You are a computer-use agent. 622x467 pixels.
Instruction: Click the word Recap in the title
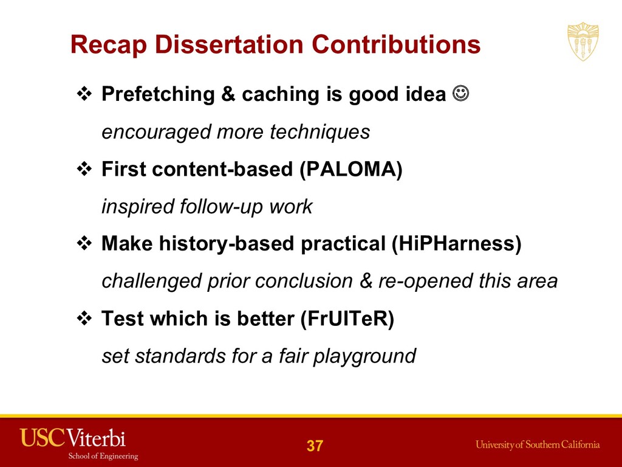click(108, 45)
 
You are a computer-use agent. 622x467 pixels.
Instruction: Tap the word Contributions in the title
click(396, 44)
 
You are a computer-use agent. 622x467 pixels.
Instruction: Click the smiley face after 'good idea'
click(460, 94)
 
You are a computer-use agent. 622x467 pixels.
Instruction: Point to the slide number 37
click(315, 446)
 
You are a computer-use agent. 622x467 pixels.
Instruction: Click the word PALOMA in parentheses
click(350, 169)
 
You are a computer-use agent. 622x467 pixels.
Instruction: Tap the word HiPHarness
click(456, 243)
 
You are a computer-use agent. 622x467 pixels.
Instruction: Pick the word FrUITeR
click(347, 318)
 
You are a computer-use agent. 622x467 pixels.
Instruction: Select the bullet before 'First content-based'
click(84, 169)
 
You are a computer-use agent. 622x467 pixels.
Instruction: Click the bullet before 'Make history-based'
click(84, 243)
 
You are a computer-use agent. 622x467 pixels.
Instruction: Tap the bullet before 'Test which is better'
click(84, 318)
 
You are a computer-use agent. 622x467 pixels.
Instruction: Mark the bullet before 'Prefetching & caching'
click(84, 94)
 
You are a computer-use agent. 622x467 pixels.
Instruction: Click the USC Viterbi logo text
click(73, 438)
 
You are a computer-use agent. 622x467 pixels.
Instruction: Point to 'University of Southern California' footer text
click(538, 445)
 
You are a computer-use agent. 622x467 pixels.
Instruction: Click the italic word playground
click(364, 356)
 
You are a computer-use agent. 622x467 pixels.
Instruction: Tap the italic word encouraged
click(156, 132)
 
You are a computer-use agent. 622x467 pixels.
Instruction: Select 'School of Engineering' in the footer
click(103, 456)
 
